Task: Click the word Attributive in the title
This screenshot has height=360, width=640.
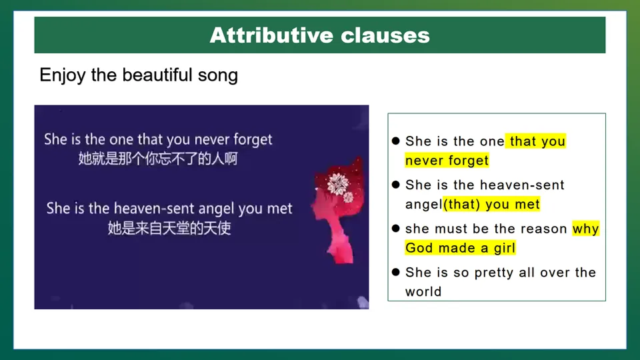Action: [x=271, y=35]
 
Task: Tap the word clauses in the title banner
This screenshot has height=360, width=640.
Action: [x=385, y=35]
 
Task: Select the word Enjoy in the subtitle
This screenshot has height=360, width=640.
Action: [x=63, y=76]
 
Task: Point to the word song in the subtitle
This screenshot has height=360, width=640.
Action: [x=218, y=76]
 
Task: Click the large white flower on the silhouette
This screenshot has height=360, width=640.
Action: [x=337, y=184]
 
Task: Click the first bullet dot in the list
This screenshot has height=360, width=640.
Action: [x=395, y=141]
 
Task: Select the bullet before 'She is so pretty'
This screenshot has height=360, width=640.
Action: [x=395, y=272]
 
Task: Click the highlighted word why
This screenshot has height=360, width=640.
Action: [x=586, y=229]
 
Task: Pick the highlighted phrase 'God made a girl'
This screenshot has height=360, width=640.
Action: [x=461, y=248]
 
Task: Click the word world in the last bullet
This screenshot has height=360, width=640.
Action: [x=423, y=291]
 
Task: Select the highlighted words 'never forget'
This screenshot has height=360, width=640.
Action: [x=447, y=161]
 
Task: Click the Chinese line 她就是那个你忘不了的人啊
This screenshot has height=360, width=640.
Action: [x=158, y=159]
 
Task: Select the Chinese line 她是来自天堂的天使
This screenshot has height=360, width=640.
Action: [x=169, y=228]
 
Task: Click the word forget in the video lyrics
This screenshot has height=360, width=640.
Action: [x=253, y=140]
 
